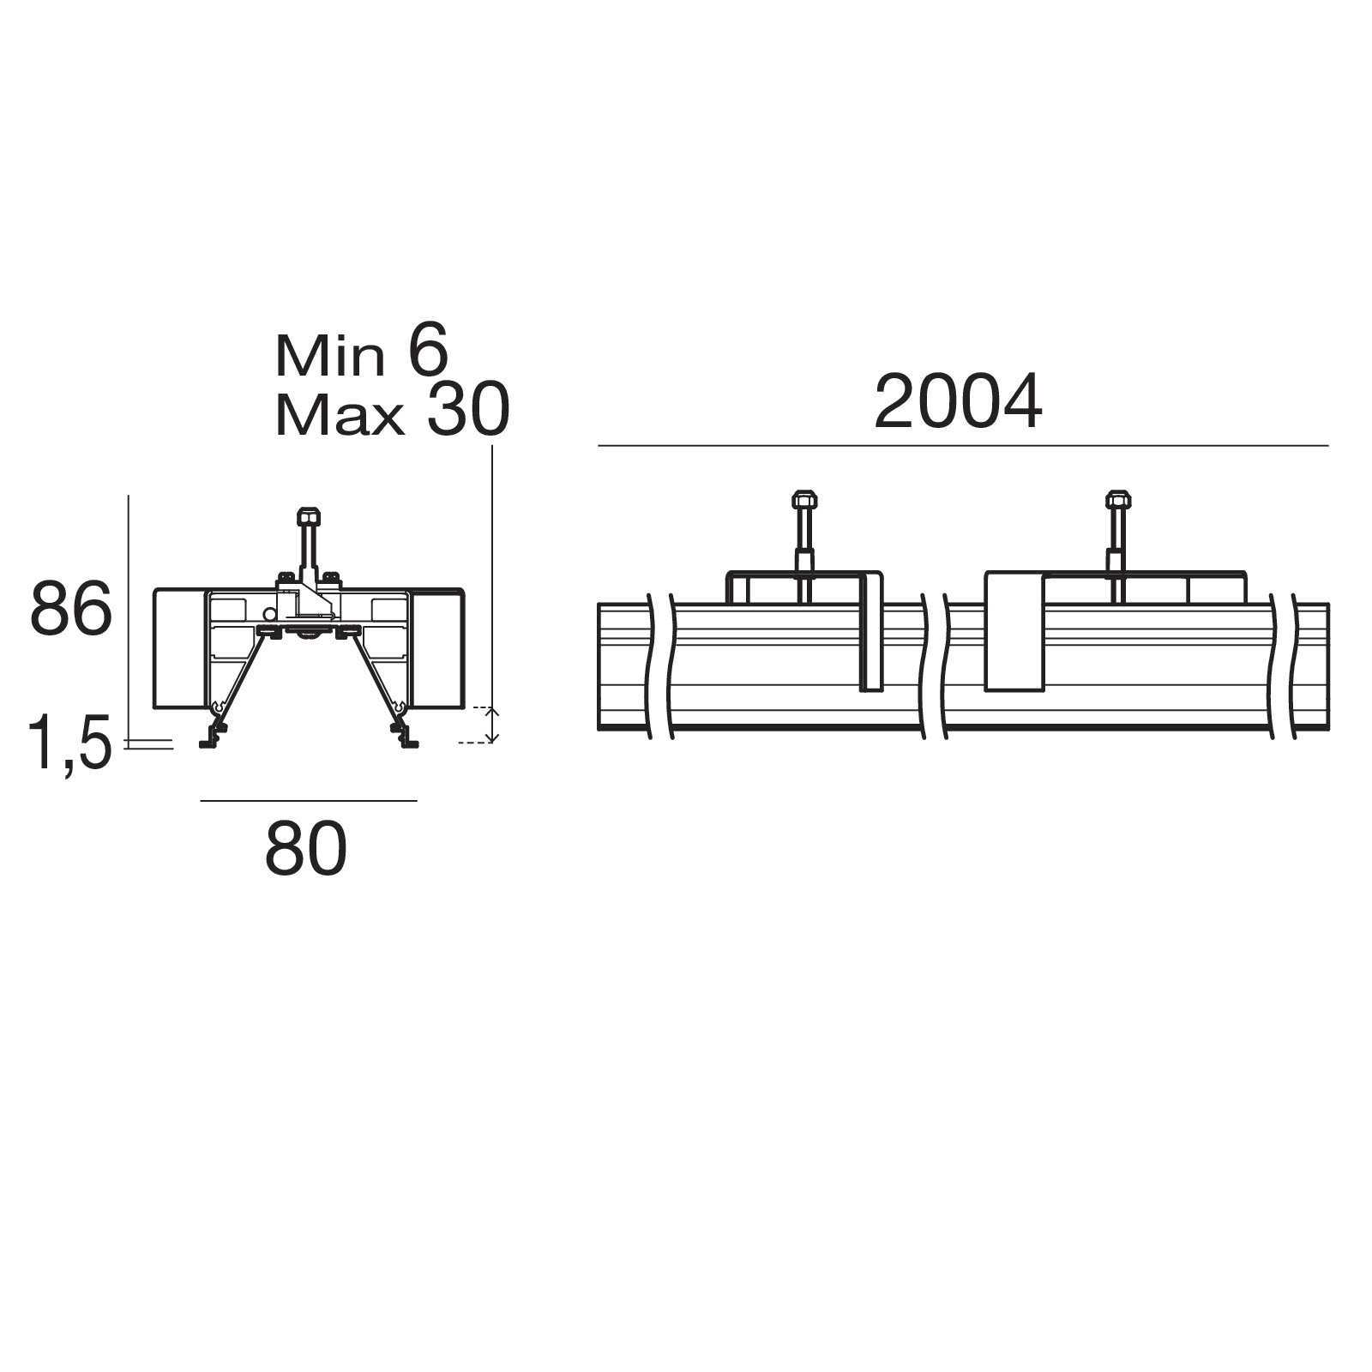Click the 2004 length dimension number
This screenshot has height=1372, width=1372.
(x=958, y=401)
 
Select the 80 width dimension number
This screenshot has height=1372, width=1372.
(x=306, y=848)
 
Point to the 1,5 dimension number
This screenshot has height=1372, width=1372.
(x=70, y=743)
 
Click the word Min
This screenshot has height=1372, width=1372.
(x=330, y=356)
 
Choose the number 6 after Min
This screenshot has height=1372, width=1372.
(x=428, y=351)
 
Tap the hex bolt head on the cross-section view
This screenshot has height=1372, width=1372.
(x=309, y=516)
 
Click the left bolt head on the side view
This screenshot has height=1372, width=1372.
(x=804, y=499)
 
